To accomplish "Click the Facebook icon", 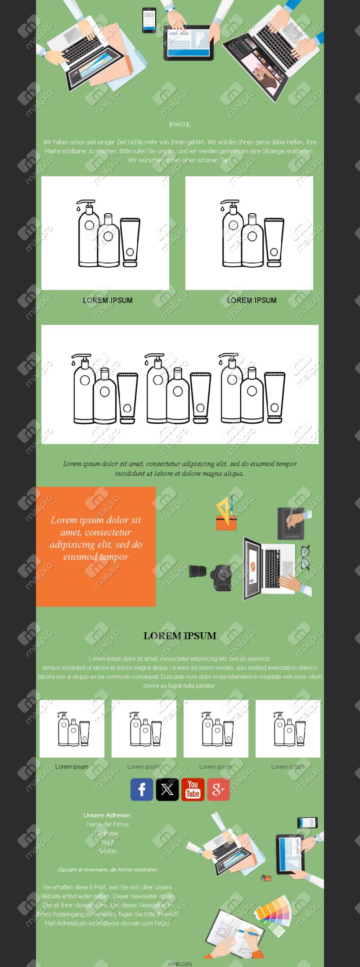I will click(142, 789).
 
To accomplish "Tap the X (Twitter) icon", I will click(167, 789).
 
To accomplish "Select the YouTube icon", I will click(193, 789).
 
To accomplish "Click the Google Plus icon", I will click(218, 789).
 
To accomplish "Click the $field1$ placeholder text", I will click(180, 124).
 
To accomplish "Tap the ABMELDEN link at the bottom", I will click(180, 964).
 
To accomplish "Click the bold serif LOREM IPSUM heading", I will click(180, 636).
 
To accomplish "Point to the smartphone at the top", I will click(149, 20).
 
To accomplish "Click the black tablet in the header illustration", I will click(188, 43).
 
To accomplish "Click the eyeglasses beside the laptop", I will click(306, 557).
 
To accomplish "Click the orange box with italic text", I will click(96, 547).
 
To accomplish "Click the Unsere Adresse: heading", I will click(107, 815).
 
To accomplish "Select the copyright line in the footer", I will click(108, 869).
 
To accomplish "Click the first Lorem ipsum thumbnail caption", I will click(72, 766).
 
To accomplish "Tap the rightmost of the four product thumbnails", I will click(288, 729).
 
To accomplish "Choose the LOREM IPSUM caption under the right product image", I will click(252, 300).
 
